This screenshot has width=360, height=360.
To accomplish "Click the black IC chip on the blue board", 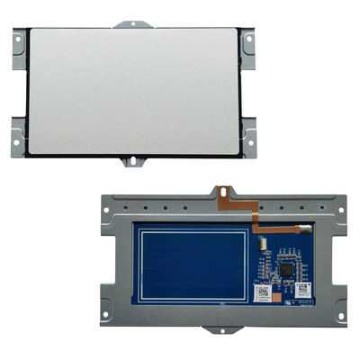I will click(x=287, y=267).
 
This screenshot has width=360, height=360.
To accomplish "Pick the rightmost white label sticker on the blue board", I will click(x=302, y=290).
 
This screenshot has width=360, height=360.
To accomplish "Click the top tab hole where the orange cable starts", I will click(x=220, y=192).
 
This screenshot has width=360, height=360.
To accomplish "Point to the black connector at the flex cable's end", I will click(x=306, y=229).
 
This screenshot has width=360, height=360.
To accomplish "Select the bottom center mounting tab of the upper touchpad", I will click(x=133, y=163).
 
